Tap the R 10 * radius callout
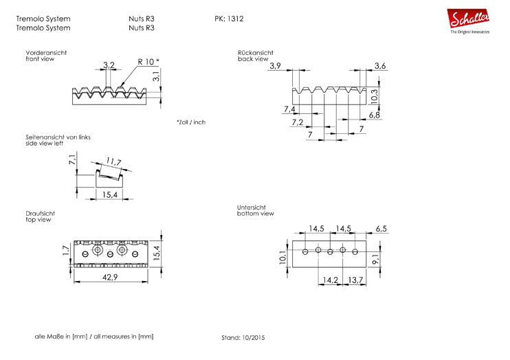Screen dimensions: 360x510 coord(148,62)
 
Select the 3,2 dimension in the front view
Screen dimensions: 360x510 coord(109,66)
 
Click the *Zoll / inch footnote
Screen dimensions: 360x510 coord(190,122)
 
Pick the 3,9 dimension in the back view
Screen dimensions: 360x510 coord(276,66)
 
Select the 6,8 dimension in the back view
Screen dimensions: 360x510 coord(375,115)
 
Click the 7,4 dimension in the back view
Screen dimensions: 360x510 coord(289,109)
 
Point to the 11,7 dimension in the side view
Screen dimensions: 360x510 coord(114,163)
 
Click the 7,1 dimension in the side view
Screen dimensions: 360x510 coord(71,161)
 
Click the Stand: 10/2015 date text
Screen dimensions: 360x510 coord(243,338)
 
